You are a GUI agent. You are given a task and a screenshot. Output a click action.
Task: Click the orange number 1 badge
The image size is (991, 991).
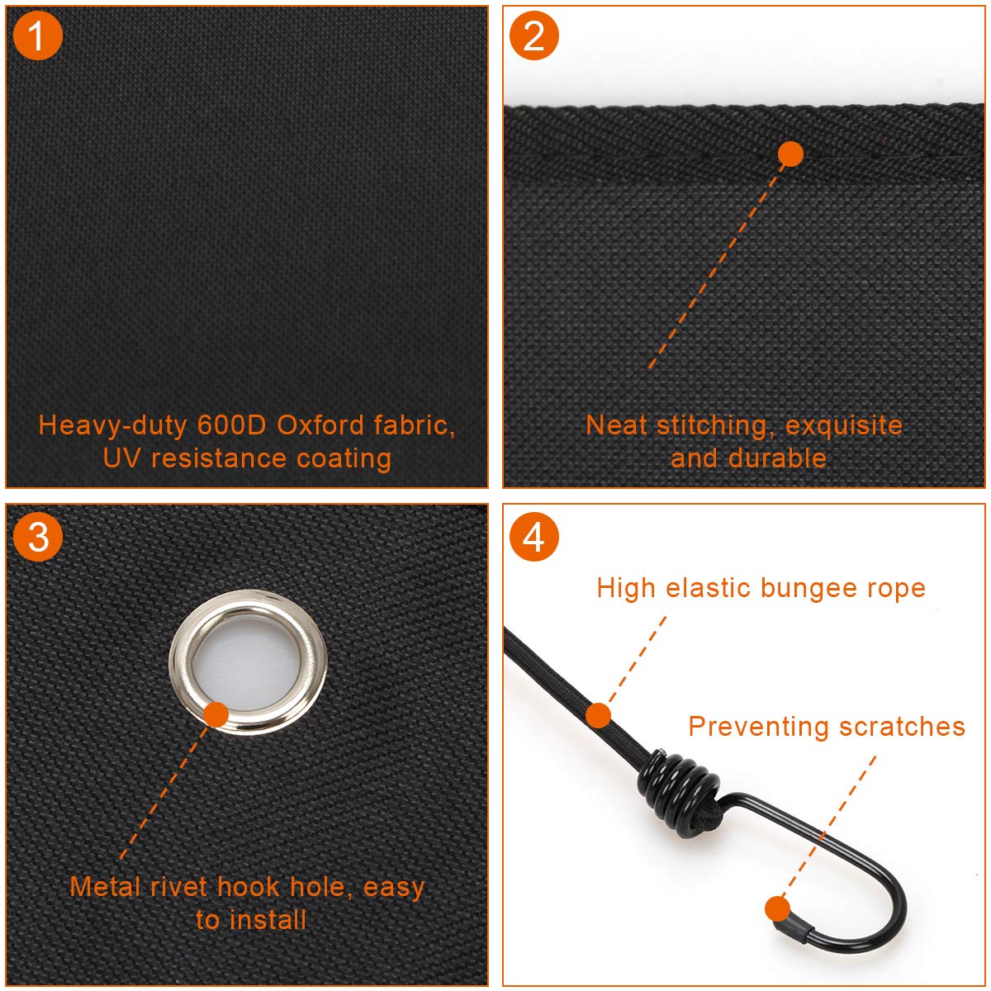coord(37,36)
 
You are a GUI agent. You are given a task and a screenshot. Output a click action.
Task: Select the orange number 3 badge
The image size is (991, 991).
coord(37,537)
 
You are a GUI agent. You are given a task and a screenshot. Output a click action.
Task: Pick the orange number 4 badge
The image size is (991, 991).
coord(533,537)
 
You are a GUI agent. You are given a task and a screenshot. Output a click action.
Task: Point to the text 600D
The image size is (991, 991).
coord(231,425)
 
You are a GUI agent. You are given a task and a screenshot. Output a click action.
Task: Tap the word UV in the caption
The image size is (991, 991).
coord(121,458)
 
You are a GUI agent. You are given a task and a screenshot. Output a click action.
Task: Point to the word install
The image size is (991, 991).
coord(268,919)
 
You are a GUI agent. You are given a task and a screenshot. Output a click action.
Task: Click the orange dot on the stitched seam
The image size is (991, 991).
coord(790,154)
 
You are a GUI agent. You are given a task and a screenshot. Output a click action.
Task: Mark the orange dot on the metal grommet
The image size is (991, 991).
coord(216,714)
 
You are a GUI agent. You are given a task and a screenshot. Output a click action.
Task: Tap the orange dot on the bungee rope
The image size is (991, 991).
coord(598,715)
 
